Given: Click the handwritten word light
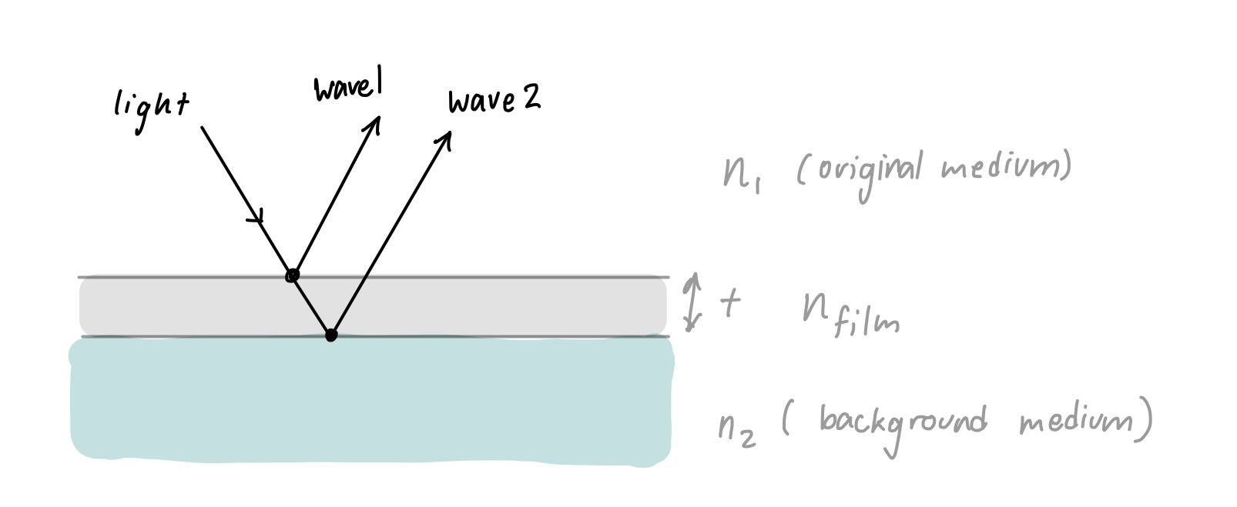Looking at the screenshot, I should (151, 110).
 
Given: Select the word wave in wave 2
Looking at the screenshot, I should (481, 102).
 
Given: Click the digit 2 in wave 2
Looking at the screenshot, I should (531, 97).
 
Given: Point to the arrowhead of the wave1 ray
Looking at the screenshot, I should (376, 124).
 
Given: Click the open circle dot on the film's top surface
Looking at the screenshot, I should (292, 275).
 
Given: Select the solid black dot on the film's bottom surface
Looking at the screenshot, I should (331, 335).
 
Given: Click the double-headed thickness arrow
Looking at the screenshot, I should (694, 302).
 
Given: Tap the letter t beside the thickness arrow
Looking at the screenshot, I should (730, 303).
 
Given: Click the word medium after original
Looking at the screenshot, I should (1001, 167).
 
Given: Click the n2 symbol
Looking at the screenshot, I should (736, 431).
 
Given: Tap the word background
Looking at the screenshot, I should (902, 424).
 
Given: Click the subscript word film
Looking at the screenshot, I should (867, 323).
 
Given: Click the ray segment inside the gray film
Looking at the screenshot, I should (311, 305).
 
